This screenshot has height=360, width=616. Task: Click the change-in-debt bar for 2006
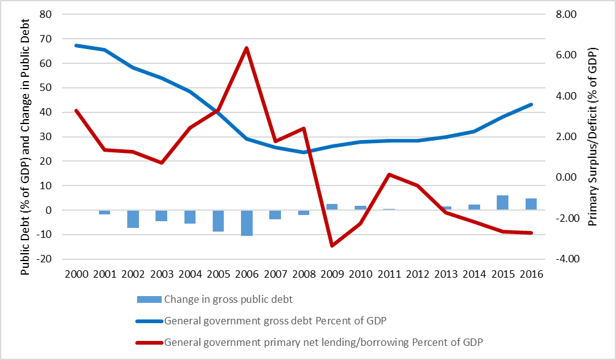pos(247,222)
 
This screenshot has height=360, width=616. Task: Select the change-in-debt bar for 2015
pos(502,203)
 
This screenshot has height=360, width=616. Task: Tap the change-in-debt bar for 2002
pos(133,219)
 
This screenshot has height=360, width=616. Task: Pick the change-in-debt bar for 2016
pos(531,204)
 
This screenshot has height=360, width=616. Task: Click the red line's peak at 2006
pos(247,48)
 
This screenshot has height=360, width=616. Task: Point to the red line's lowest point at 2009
pos(332,246)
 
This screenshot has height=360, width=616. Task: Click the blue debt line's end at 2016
pos(531,104)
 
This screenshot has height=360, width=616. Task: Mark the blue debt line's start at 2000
pos(76,45)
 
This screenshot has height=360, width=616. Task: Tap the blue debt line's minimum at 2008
pos(304,152)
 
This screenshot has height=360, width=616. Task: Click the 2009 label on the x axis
pos(332,275)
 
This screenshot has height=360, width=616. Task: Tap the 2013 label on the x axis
pos(446,275)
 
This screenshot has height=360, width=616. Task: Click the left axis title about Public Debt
pos(24,136)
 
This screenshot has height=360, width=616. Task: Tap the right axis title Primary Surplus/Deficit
pos(593,136)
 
